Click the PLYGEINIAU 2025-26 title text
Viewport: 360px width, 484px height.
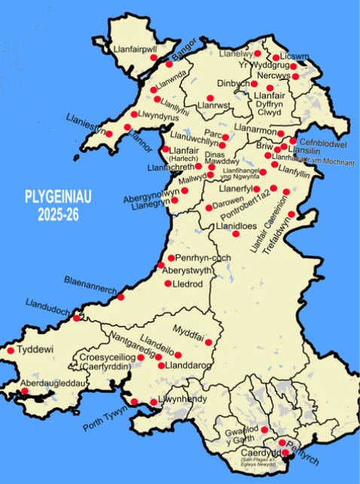coord(56,207)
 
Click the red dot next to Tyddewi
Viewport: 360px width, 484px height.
coord(11,351)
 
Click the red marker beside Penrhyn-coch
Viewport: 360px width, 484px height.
coord(171,258)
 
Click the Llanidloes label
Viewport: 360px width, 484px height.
coord(237,226)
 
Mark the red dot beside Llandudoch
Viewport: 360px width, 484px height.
coord(75,318)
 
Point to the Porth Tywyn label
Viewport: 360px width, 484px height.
coord(105,419)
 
